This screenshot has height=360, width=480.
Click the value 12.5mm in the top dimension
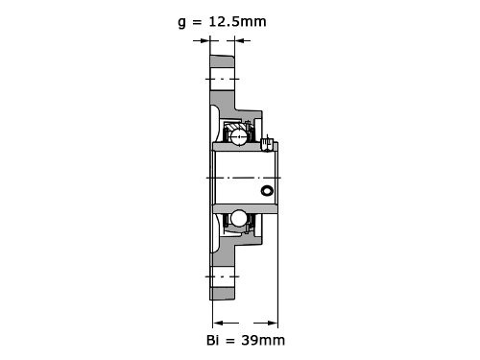pos(237,22)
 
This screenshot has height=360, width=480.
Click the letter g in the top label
pos(181,23)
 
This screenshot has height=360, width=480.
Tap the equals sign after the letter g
pos(198,22)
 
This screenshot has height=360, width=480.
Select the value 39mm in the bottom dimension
pos(263,340)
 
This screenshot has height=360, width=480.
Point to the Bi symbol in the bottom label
pos(213,340)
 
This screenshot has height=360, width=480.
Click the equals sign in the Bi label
pos(230,341)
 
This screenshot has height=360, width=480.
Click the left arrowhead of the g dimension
pos(204,40)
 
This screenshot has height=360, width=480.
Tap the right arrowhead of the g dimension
pos(240,40)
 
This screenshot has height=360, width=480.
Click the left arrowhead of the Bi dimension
pos(218,324)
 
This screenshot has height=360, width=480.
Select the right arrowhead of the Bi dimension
pos(273,324)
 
